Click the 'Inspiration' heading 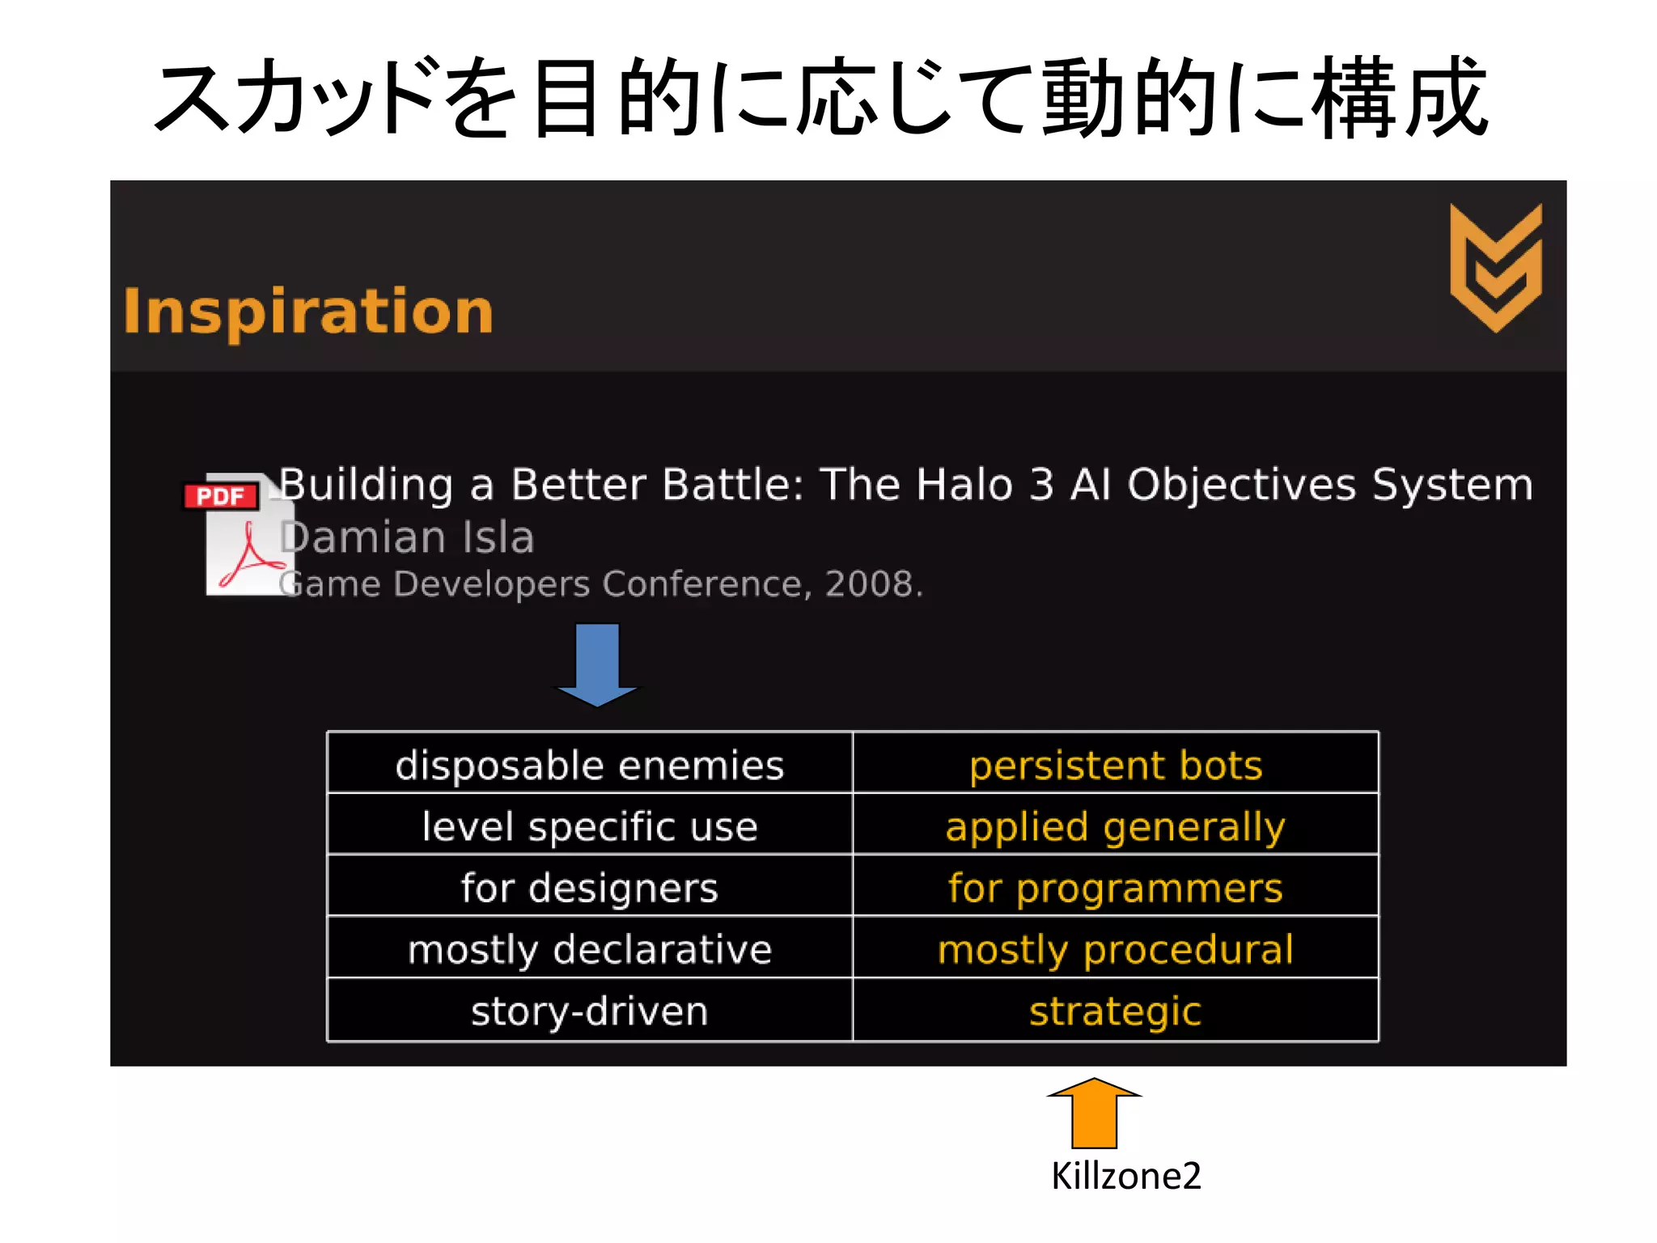308,312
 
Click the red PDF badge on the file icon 221,496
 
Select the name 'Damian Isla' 407,537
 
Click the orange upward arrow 1094,1114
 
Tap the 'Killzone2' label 1125,1176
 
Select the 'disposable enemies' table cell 590,765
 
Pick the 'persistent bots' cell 1116,765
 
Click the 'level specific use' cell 590,826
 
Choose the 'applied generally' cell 1116,826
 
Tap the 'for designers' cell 590,888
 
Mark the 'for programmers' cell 1116,888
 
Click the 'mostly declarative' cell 590,949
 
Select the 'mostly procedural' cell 1116,949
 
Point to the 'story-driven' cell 590,1011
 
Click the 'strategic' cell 1116,1011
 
